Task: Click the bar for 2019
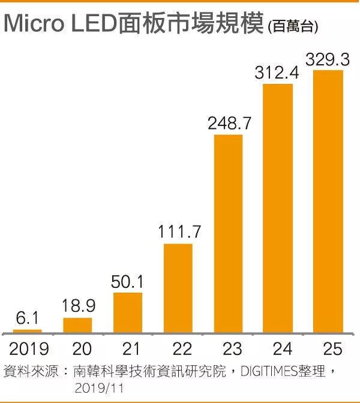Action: [x=28, y=330]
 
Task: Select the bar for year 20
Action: [x=77, y=325]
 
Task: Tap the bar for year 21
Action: [x=128, y=312]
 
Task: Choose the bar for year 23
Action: [x=229, y=234]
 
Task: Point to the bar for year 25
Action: [x=329, y=201]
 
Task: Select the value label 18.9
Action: [x=77, y=307]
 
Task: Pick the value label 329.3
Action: [x=329, y=60]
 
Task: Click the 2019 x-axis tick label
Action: [x=28, y=349]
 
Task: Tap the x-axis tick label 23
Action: [x=229, y=349]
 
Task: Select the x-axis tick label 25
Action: [x=329, y=349]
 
